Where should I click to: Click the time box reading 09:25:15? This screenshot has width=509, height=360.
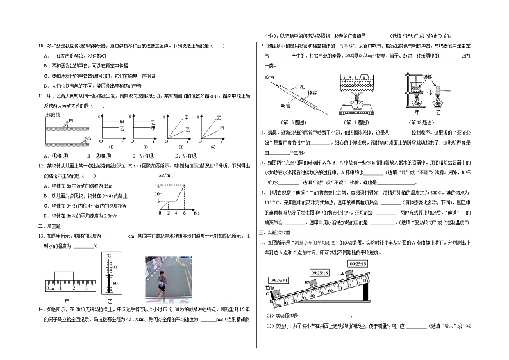click(358, 263)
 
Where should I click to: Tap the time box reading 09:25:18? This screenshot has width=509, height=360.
click(319, 272)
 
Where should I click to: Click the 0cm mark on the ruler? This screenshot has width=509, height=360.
click(49, 288)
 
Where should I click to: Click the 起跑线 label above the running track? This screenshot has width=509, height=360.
click(52, 114)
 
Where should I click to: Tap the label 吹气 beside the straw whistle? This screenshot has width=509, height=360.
click(269, 76)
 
